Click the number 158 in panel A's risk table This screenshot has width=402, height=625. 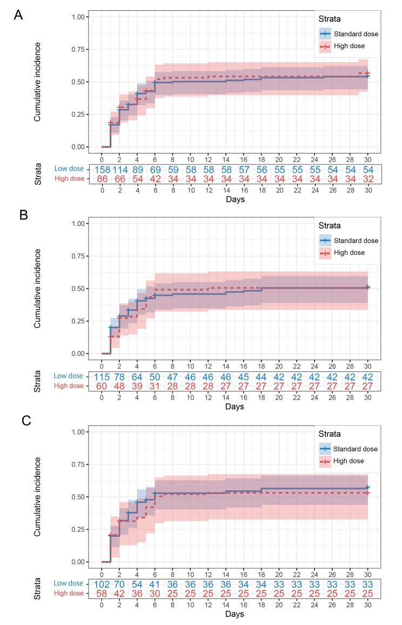click(x=102, y=169)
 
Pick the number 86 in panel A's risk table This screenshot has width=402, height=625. click(x=102, y=179)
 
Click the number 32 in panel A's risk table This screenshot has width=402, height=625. click(x=367, y=179)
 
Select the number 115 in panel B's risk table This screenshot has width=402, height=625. click(x=102, y=376)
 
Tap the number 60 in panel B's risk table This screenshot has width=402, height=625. click(x=102, y=386)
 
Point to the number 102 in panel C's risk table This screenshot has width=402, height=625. click(x=102, y=584)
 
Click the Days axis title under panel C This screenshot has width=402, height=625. click(x=234, y=614)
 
